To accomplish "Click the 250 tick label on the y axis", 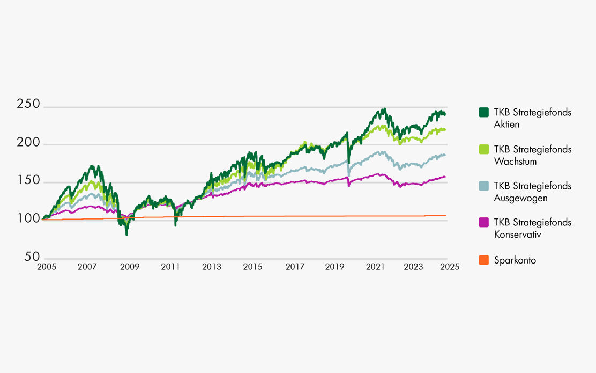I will [28, 105].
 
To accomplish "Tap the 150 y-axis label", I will [28, 180].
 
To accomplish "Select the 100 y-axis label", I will [28, 218].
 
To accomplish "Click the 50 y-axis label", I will [32, 257].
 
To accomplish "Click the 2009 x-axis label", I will [129, 267].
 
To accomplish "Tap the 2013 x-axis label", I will [212, 267].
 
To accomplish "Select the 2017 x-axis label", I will [294, 267].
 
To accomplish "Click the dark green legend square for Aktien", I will [483, 112].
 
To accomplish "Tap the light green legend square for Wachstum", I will [483, 149].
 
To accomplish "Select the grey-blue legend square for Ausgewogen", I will [483, 185].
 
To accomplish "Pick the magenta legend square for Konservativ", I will [483, 222].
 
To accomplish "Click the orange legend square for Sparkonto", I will [483, 260].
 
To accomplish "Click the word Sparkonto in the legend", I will [515, 260].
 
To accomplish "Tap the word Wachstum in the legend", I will [515, 162].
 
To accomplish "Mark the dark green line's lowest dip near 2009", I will [126, 235].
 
